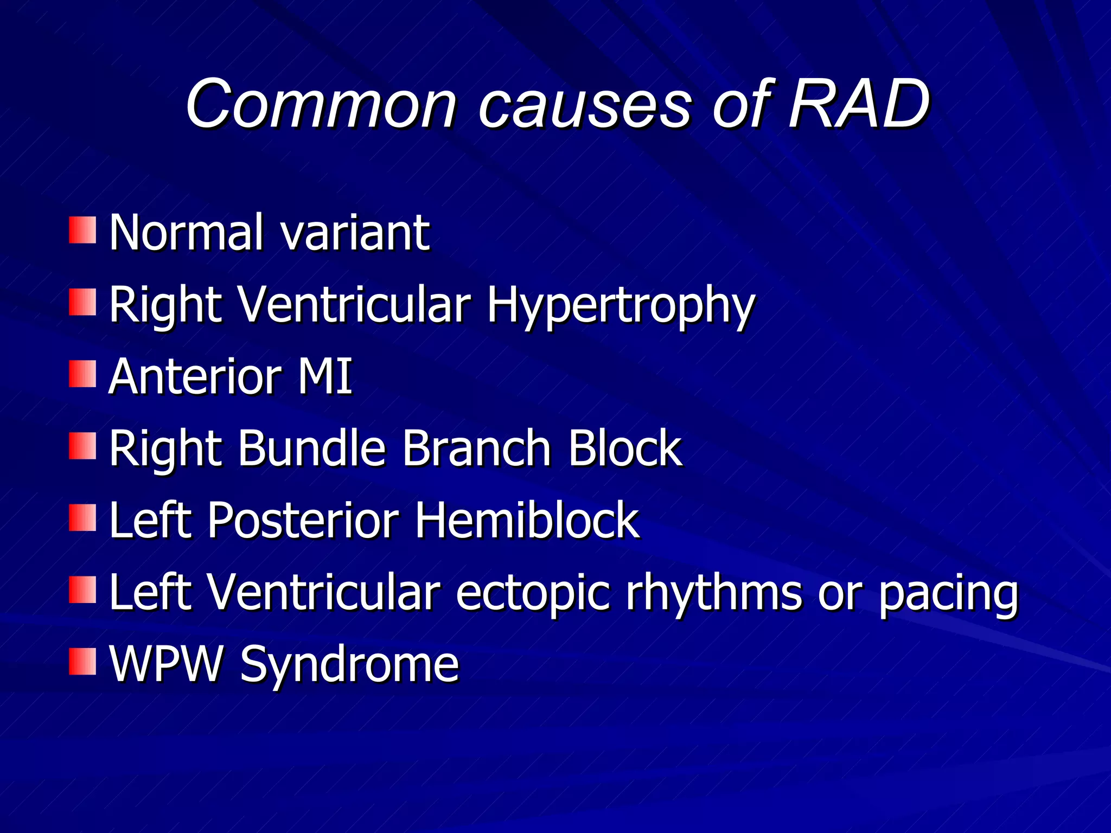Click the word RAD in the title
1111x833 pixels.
coord(859,104)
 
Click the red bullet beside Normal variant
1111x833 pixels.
coord(82,230)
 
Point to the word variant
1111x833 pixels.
coord(355,233)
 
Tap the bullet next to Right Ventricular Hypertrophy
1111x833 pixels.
coord(82,302)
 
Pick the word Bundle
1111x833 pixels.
coord(312,448)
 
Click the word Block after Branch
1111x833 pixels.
coord(624,448)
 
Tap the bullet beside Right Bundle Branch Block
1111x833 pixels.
coord(82,446)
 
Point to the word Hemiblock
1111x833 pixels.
coord(527,520)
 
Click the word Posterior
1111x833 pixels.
coord(303,520)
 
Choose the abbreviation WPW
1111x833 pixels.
coord(166,664)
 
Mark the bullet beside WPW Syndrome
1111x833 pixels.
coord(82,661)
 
